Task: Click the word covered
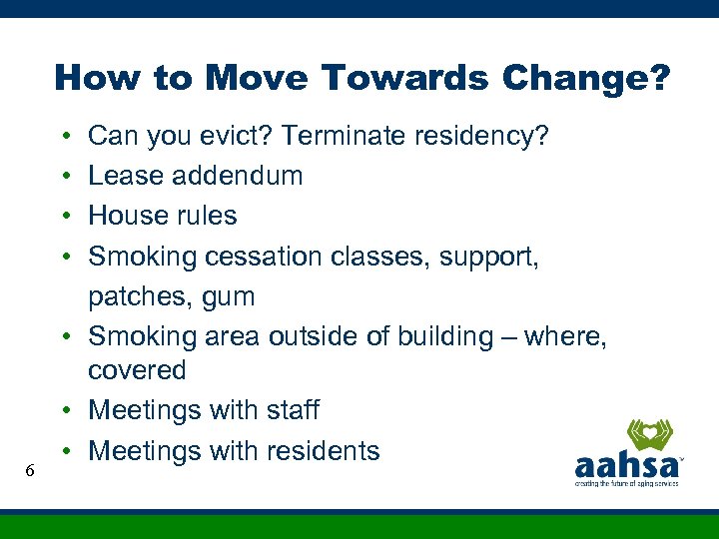[x=137, y=370]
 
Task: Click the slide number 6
[x=31, y=469]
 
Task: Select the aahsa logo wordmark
[x=625, y=467]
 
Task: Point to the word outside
[x=312, y=337]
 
